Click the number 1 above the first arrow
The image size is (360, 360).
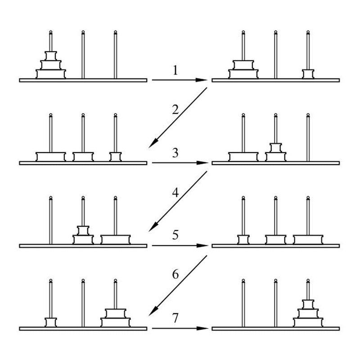pyautogui.click(x=175, y=70)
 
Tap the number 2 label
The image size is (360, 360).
pyautogui.click(x=175, y=109)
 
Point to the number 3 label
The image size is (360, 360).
pyautogui.click(x=175, y=153)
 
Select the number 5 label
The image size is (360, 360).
pyautogui.click(x=175, y=235)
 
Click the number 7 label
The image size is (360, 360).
pyautogui.click(x=175, y=318)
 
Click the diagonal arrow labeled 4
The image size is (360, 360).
pyautogui.click(x=178, y=201)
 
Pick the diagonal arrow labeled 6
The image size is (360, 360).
pyautogui.click(x=178, y=285)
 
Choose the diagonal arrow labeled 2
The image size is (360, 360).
pyautogui.click(x=178, y=117)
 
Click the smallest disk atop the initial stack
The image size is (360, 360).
pyautogui.click(x=51, y=56)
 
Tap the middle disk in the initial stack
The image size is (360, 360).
pyautogui.click(x=51, y=65)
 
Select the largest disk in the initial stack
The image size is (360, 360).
pyautogui.click(x=51, y=74)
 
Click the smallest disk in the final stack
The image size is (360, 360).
pyautogui.click(x=308, y=304)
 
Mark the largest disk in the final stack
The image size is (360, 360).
pyautogui.click(x=308, y=322)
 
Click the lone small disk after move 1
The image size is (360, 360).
pyautogui.click(x=308, y=74)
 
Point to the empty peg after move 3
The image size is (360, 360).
pyautogui.click(x=308, y=137)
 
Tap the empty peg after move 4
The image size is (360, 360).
pyautogui.click(x=51, y=220)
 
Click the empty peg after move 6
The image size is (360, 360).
pyautogui.click(x=83, y=303)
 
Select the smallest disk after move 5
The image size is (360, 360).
pyautogui.click(x=243, y=239)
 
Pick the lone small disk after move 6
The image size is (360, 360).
pyautogui.click(x=51, y=322)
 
